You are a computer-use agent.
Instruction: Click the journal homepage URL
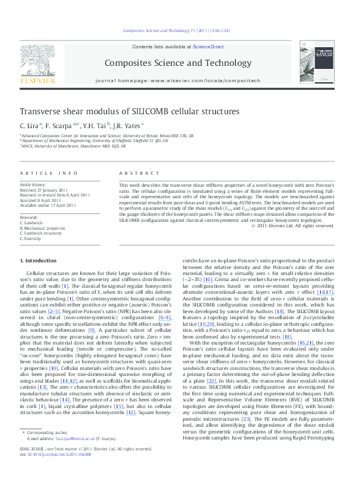194,80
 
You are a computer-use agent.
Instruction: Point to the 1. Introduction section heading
38,261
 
